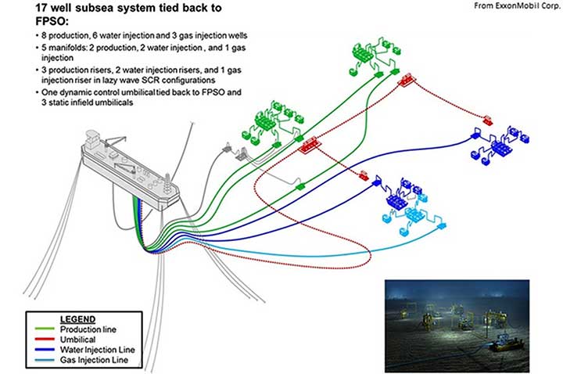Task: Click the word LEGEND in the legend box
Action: [77, 319]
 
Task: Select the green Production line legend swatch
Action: [45, 329]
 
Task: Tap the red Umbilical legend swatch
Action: [45, 339]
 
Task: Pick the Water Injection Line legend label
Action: [97, 350]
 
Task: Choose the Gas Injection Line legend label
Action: [94, 360]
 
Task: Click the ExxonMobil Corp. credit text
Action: [517, 5]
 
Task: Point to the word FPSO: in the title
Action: [52, 22]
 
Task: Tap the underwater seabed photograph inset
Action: [457, 325]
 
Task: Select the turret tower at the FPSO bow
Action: [167, 184]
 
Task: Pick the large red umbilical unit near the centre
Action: [310, 145]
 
